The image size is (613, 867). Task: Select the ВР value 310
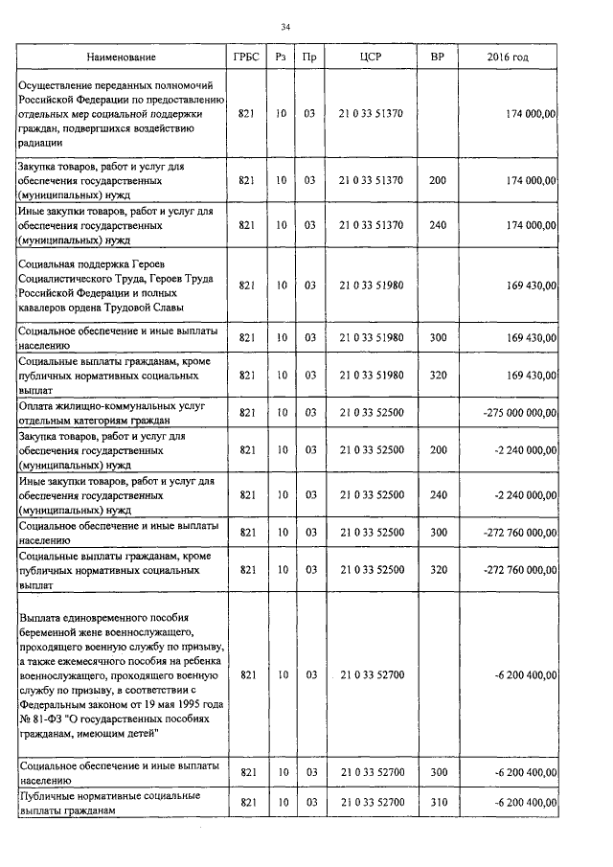[437, 802]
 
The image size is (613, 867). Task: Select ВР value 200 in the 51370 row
[437, 180]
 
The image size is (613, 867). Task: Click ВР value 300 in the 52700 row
[437, 772]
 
